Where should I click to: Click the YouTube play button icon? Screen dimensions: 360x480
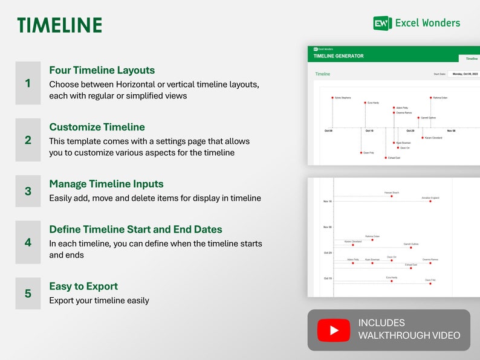(334, 330)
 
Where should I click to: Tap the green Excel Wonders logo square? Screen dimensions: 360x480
(382, 23)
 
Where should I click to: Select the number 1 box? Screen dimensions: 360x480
(28, 83)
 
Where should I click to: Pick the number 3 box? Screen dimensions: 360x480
(28, 191)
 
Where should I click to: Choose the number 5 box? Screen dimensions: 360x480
(28, 294)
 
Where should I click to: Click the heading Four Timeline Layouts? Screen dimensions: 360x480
(102, 70)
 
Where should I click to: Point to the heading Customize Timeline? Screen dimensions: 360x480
(97, 127)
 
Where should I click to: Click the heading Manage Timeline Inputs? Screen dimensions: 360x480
(106, 184)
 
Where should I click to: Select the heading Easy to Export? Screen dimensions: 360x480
(83, 286)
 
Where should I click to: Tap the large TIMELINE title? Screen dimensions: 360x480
(59, 25)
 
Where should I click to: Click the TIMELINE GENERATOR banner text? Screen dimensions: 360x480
(339, 56)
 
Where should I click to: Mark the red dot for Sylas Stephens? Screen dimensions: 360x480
(332, 97)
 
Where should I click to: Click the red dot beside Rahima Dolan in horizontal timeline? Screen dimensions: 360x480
(431, 97)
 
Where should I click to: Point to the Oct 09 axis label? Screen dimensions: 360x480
(328, 130)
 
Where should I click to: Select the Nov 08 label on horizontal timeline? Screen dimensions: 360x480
(451, 130)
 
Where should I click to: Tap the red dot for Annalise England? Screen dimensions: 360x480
(430, 201)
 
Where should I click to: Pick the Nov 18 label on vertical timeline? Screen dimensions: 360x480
(328, 201)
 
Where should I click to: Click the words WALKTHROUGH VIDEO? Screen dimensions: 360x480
(409, 336)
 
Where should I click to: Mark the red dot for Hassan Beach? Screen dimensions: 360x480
(392, 196)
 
